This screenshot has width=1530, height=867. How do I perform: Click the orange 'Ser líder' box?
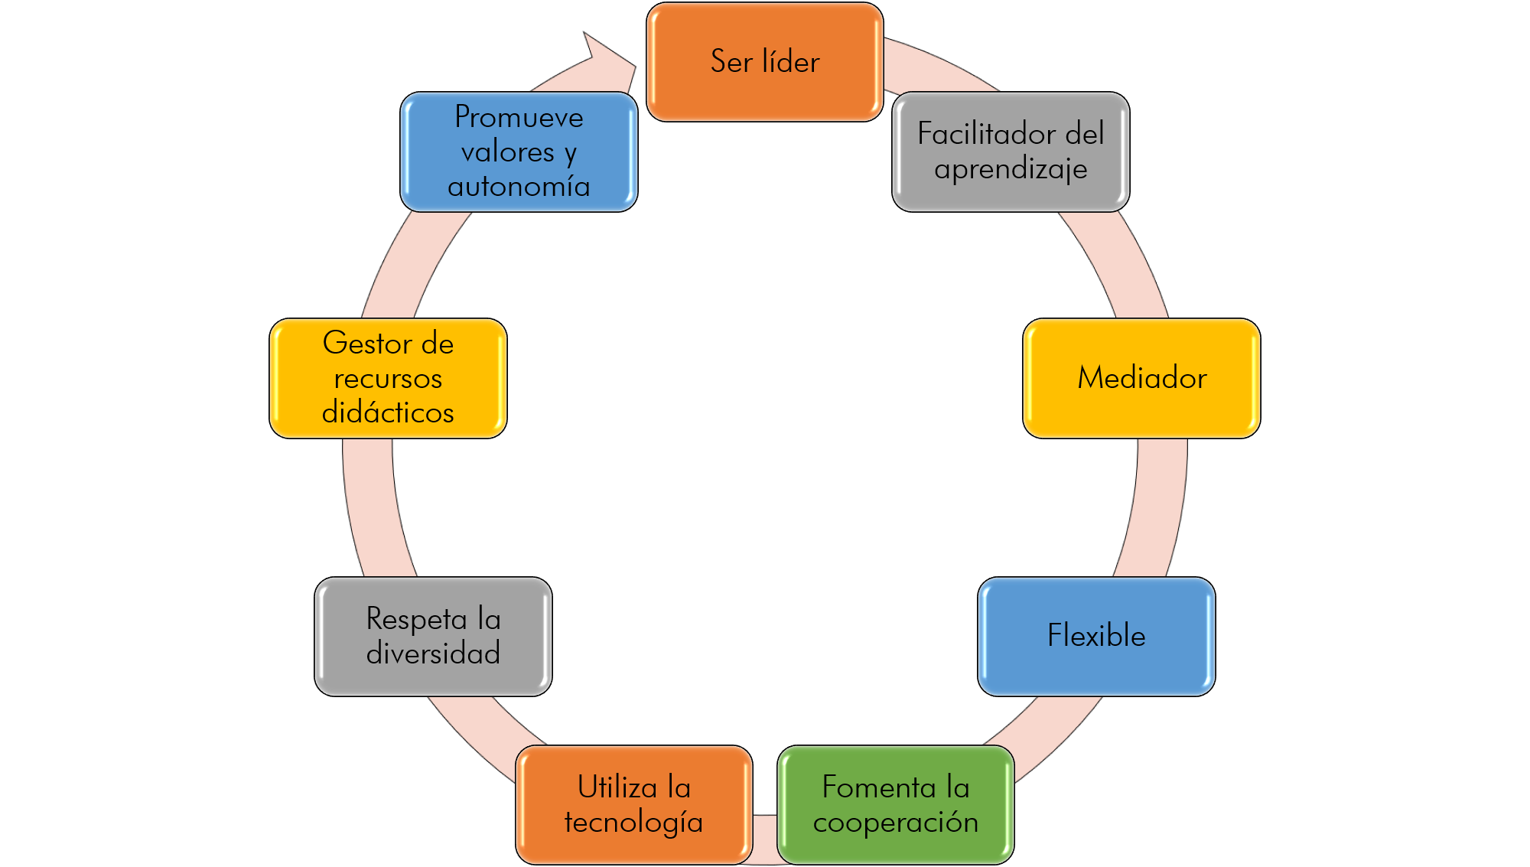click(x=765, y=61)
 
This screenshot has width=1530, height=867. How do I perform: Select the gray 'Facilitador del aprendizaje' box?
click(x=1011, y=152)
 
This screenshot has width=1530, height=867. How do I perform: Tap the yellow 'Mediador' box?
click(x=1141, y=378)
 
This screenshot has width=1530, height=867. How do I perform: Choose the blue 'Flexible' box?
click(x=1096, y=636)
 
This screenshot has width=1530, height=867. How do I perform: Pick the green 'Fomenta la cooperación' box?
click(x=896, y=804)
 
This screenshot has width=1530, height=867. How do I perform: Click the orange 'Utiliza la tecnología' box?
click(x=634, y=804)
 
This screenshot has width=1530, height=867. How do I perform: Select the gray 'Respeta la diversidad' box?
click(x=433, y=636)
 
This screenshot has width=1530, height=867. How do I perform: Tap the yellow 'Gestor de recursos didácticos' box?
click(x=388, y=378)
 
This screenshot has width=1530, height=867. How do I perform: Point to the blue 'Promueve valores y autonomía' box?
click(x=519, y=152)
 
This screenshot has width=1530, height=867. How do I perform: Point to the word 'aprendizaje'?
click(x=1011, y=169)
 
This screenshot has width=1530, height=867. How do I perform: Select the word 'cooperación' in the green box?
click(x=896, y=823)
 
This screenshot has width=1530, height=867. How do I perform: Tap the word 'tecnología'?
click(x=634, y=823)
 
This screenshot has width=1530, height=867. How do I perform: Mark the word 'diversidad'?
click(x=433, y=654)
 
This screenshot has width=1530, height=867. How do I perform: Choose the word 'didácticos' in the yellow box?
click(x=388, y=412)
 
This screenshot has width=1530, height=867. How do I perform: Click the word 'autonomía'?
click(x=519, y=186)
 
